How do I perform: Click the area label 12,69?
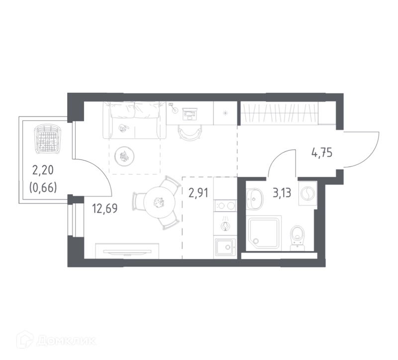(105, 209)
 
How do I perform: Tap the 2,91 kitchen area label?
(198, 193)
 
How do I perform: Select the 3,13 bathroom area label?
(282, 193)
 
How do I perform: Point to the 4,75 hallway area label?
(322, 153)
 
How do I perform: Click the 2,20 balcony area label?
(43, 170)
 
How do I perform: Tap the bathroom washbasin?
(254, 199)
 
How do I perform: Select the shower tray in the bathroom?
(265, 232)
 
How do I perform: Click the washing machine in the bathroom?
(307, 193)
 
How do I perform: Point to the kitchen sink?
(225, 247)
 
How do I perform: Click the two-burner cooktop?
(225, 206)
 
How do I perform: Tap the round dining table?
(159, 202)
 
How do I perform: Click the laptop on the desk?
(190, 114)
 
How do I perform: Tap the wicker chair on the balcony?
(48, 139)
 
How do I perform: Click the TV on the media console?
(127, 251)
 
